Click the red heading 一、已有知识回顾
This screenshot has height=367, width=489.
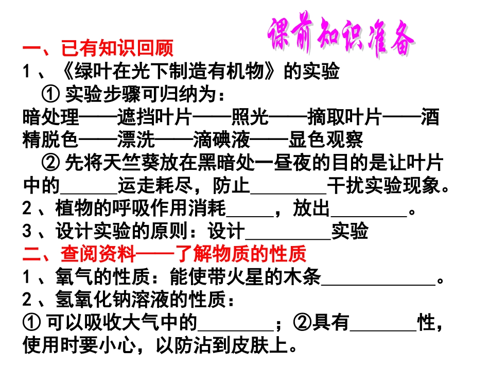98,49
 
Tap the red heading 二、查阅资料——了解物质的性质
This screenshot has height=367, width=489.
165,254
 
